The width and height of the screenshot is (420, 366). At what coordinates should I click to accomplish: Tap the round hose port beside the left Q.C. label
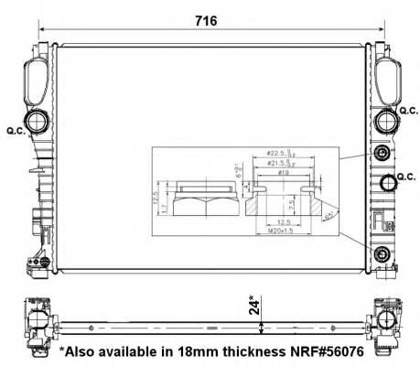point(38,122)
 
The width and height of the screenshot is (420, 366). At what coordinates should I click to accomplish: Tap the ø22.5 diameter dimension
point(278,154)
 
